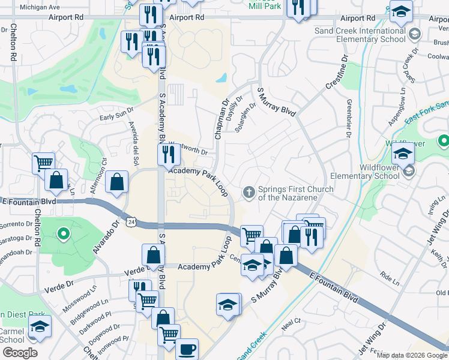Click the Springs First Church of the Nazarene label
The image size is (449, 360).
(295, 193)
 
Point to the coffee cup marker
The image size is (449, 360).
(187, 348)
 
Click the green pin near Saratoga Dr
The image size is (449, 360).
(63, 233)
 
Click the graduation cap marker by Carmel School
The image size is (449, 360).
(40, 326)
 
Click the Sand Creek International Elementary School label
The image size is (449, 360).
(360, 35)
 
